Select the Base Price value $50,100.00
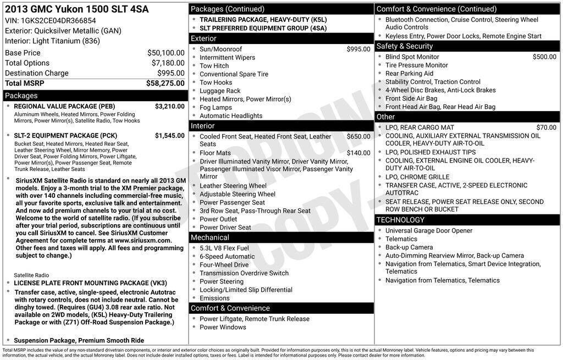(x=165, y=53)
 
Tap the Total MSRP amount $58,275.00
(x=165, y=83)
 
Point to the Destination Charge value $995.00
(x=170, y=73)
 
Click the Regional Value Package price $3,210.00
(x=169, y=106)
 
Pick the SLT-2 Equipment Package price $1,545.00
(x=169, y=135)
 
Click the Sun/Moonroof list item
(x=220, y=49)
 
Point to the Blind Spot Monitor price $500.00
(x=544, y=57)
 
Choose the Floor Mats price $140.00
(x=358, y=153)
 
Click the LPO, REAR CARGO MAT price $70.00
(x=546, y=128)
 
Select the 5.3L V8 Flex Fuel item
(x=224, y=248)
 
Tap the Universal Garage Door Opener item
(x=429, y=231)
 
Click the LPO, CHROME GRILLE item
(x=417, y=177)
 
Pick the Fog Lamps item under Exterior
(x=216, y=108)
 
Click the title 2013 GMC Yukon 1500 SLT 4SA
(x=77, y=9)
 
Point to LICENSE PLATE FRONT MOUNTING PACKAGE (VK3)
(x=90, y=283)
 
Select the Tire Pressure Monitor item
(x=416, y=65)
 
